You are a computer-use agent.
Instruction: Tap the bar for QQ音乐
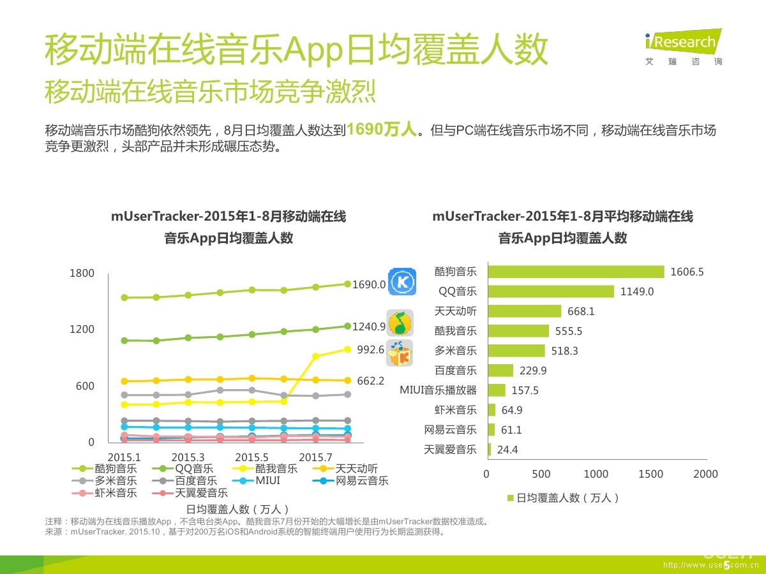tap(550, 291)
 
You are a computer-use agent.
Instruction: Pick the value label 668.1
tap(581, 311)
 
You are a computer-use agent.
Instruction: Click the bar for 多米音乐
tap(516, 351)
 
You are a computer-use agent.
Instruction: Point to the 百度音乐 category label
tap(455, 371)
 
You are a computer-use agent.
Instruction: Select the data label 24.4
tap(507, 450)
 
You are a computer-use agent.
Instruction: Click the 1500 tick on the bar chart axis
tap(650, 474)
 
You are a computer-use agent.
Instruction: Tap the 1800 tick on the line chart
tap(82, 273)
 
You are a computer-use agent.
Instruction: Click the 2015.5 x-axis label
tap(252, 457)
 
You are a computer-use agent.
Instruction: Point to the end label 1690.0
tap(369, 284)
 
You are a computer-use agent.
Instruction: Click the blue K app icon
tap(403, 281)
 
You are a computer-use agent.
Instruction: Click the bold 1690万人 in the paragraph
tap(381, 130)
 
